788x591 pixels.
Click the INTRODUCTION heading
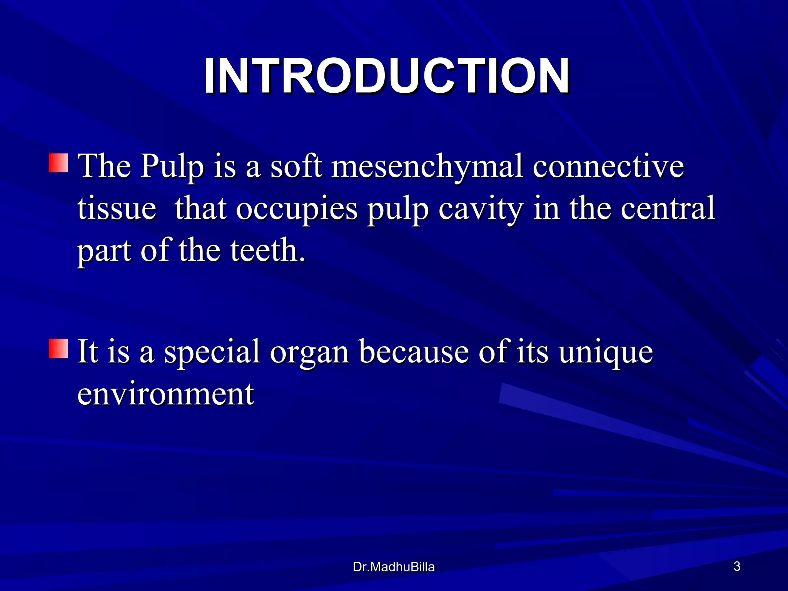coord(386,76)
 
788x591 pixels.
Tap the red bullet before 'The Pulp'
coord(58,163)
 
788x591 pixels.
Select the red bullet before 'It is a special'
coord(58,348)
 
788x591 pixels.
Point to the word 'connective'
coord(608,166)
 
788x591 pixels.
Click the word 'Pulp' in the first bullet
coord(172,167)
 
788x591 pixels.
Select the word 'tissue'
coord(117,209)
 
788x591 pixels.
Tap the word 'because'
coord(414,352)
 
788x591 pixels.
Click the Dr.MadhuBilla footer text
coord(393,567)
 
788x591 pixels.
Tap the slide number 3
coord(737,566)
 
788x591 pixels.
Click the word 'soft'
coord(296,166)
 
